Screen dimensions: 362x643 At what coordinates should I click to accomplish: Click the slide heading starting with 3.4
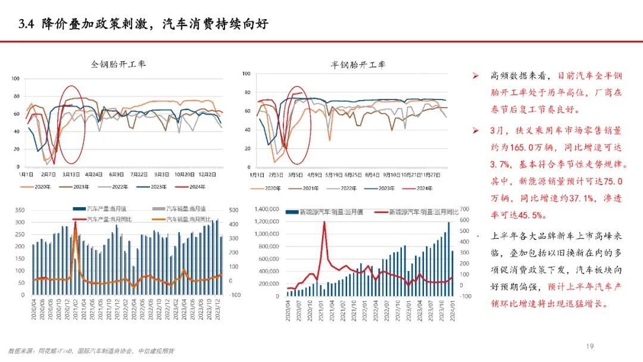[x=143, y=24]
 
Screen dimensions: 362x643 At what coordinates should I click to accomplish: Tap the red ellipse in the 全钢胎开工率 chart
[x=71, y=124]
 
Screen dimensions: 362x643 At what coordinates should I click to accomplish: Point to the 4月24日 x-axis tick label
[x=93, y=174]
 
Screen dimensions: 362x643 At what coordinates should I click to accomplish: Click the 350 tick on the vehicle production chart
[x=20, y=210]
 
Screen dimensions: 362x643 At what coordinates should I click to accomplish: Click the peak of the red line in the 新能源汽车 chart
[x=324, y=223]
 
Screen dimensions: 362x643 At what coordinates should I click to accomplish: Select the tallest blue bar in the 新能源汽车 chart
[x=448, y=223]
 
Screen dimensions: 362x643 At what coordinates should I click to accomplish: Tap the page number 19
[x=590, y=345]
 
